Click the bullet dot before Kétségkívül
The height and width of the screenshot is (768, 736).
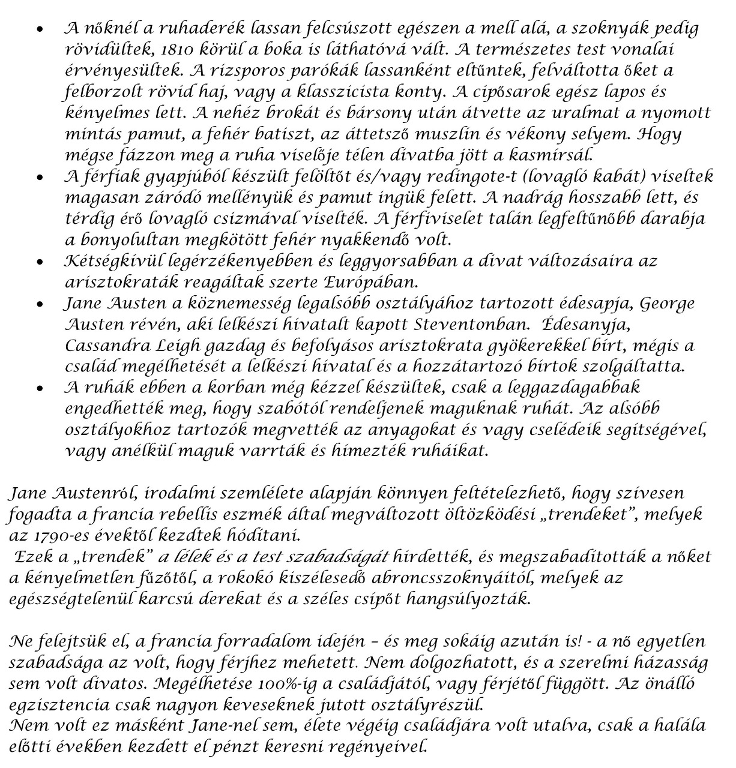click(40, 262)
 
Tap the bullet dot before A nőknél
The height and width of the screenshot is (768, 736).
click(40, 29)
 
